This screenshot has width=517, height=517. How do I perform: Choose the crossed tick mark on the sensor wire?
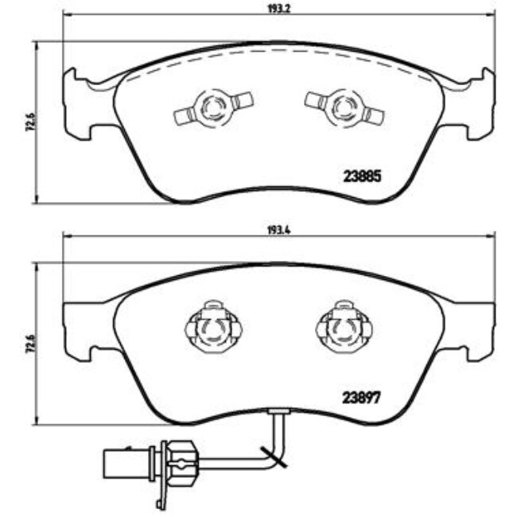tap(278, 457)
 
